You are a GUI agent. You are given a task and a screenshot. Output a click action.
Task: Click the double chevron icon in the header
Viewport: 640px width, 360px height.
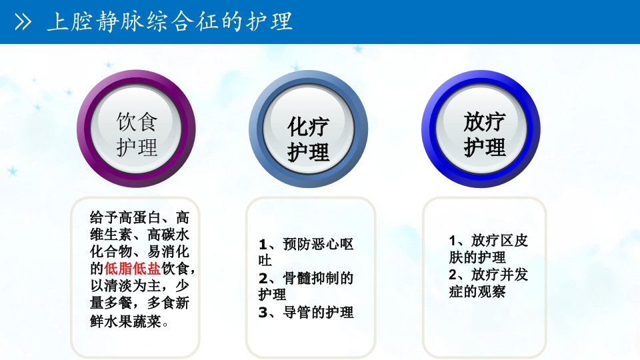point(23,23)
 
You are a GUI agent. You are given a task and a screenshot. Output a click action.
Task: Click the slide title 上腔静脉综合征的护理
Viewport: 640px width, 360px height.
point(169,22)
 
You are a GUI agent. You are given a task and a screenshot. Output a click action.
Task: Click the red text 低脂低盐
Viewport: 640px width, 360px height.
point(133,269)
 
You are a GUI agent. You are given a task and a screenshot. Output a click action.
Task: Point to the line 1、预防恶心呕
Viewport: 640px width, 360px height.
point(306,244)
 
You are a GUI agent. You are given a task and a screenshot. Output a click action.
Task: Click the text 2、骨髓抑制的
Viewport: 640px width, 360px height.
point(306,278)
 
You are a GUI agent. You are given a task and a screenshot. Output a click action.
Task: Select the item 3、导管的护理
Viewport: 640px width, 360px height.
point(306,312)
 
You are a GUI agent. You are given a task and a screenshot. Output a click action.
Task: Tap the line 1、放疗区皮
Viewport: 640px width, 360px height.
point(489,241)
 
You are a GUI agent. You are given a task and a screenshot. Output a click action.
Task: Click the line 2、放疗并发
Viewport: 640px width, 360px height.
point(489,275)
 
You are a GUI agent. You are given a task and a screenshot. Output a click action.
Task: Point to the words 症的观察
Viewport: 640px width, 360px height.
point(477,292)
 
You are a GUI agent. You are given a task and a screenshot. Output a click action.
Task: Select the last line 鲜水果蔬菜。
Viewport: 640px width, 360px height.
point(129,322)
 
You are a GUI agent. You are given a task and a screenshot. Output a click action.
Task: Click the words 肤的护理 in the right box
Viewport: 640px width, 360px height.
point(477,257)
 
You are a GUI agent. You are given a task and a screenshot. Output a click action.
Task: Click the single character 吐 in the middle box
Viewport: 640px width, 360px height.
point(265,261)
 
